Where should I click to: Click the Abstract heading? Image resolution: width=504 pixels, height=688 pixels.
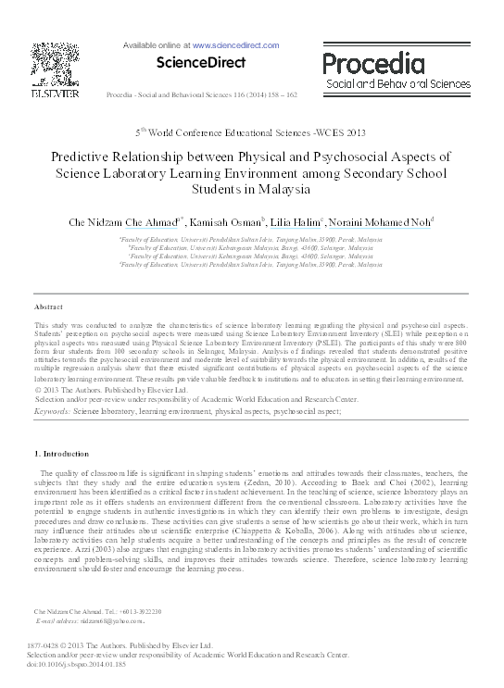pos(47,306)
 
